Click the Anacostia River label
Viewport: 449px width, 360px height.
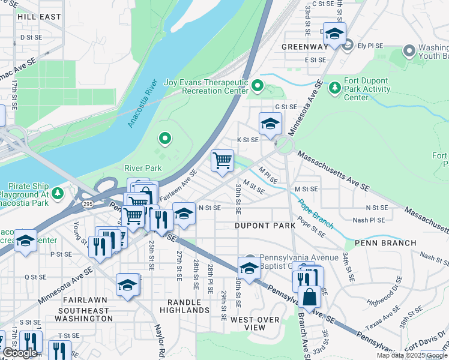(142, 103)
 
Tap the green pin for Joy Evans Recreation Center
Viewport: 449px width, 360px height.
(258, 86)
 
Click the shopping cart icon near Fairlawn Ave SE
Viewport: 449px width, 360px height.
(222, 160)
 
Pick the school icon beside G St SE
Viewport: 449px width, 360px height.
(270, 124)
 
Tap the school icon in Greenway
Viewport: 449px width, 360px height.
(334, 34)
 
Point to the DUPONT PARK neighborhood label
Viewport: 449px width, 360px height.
(265, 226)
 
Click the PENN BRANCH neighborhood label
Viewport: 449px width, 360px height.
(385, 243)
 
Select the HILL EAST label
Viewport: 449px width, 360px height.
(40, 17)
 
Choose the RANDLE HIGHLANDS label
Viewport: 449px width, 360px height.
(184, 306)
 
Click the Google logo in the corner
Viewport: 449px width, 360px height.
(20, 353)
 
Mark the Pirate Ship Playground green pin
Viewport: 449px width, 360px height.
(58, 193)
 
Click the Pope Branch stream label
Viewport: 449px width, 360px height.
(316, 214)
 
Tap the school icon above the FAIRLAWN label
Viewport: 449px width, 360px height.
(128, 285)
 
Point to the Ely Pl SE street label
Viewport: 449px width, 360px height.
(370, 45)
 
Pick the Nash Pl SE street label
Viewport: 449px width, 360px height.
(369, 220)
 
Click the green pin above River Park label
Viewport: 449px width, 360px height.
(165, 140)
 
